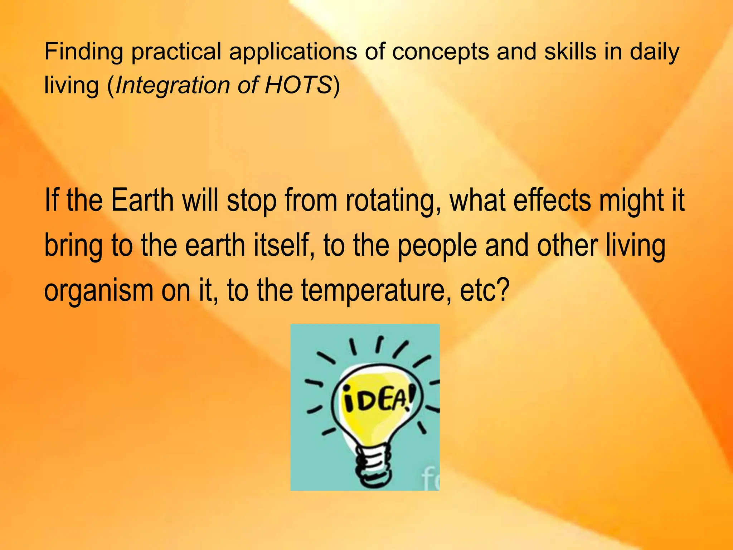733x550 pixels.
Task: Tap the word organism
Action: coord(99,291)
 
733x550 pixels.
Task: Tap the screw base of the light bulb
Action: coord(372,465)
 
